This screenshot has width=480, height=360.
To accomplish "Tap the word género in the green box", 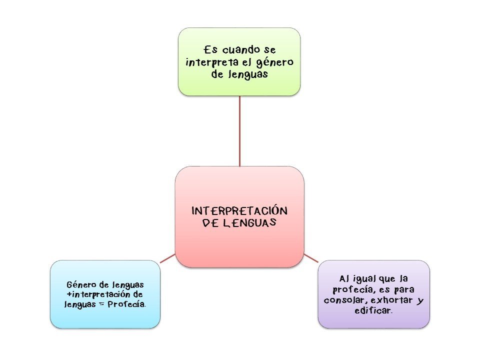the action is pos(275,63).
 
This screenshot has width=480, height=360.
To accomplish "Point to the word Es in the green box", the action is pos(210,50).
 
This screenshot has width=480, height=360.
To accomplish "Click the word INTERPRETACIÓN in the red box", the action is pos(239,211).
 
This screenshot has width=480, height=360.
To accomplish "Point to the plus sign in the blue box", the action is pos(68,295).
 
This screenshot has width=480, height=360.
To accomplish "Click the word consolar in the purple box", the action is pos(342,301).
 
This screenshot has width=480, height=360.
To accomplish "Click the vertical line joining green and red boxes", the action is pos(239,130).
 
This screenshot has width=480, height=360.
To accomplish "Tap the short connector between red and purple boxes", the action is pos(311,258).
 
